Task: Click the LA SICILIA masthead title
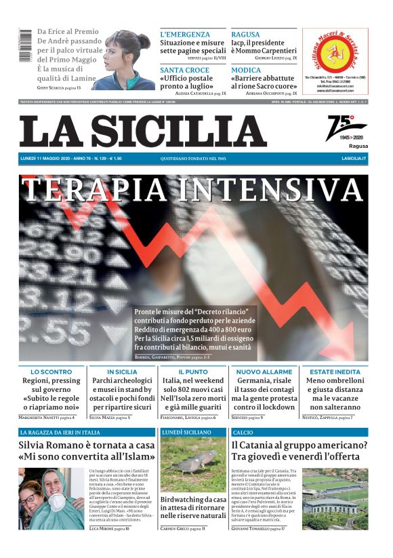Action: (x=143, y=131)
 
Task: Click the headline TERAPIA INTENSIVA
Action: (x=193, y=189)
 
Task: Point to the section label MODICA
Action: (x=245, y=70)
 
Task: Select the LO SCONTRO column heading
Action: (x=51, y=372)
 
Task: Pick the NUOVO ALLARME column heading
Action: (x=264, y=372)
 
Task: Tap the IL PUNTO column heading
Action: (x=193, y=372)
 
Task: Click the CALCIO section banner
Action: (x=243, y=432)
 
